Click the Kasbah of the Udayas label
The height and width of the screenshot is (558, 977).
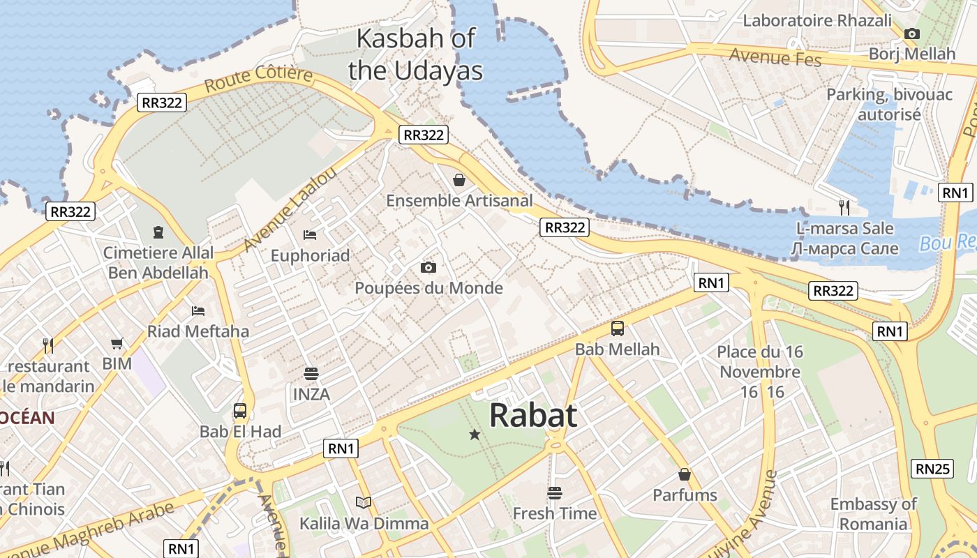(416, 54)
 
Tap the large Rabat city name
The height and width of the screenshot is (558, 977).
(533, 416)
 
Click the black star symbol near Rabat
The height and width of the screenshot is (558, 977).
(475, 435)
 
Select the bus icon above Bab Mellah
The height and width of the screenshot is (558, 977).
(618, 329)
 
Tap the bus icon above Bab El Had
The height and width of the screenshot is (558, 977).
(240, 411)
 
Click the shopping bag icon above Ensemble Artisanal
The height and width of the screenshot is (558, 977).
(459, 181)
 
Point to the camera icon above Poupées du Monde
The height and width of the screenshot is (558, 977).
(428, 267)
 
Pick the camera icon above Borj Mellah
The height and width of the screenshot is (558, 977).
(911, 33)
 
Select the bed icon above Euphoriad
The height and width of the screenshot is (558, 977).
(310, 235)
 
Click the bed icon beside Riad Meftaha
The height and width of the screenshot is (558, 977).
(198, 310)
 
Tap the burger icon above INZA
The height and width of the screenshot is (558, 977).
(311, 374)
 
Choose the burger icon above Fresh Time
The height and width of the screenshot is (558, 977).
(555, 493)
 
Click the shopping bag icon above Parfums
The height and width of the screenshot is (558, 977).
(685, 474)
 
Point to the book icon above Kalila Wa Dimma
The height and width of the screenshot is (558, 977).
(363, 502)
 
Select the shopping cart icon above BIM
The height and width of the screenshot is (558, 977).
(117, 343)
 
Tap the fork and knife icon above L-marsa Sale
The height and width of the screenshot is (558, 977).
(844, 206)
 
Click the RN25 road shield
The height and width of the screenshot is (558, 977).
(934, 469)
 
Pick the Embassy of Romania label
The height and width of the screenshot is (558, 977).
(873, 514)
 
